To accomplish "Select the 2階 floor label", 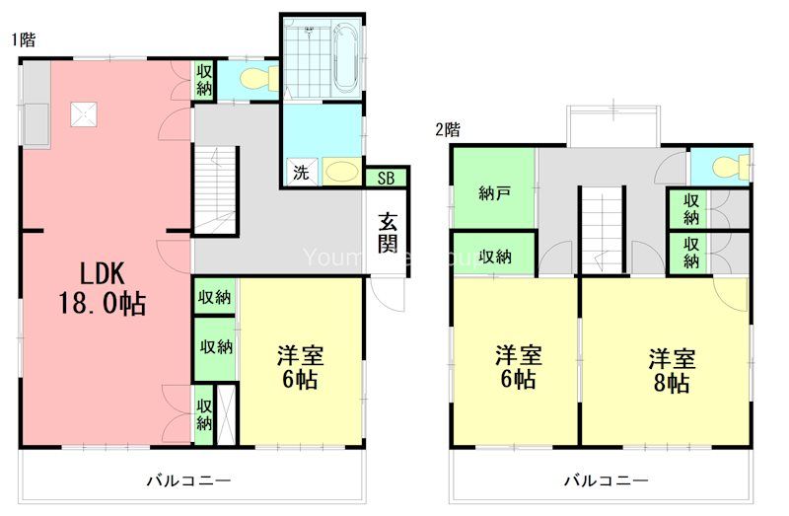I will pos(449,129).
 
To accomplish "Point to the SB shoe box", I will pos(386,178).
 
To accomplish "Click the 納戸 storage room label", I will pos(494,192).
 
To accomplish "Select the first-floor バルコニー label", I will pos(188,480).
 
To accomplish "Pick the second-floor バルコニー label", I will pos(606,480).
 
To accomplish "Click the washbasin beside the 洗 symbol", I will pos(341,172).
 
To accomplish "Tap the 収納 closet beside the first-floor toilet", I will pos(204,80).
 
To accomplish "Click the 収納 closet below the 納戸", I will pos(495,257).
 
